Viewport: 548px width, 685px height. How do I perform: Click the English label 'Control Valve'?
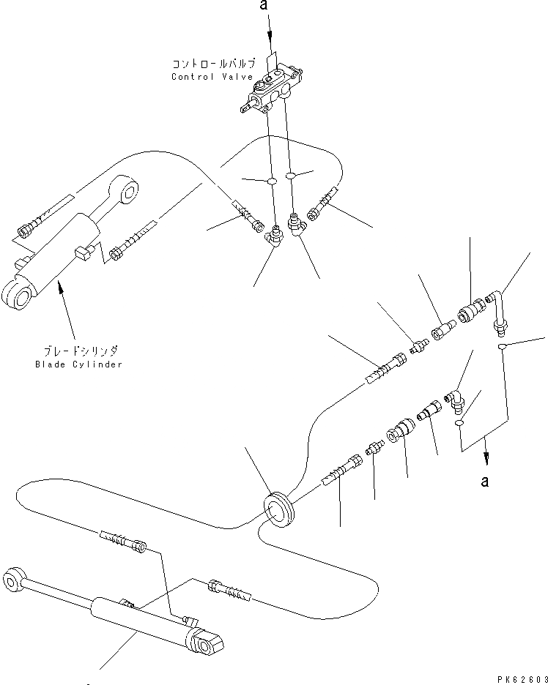pos(212,77)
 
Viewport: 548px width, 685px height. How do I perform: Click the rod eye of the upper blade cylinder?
pos(130,191)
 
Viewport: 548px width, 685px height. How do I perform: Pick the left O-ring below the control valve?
pos(270,180)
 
